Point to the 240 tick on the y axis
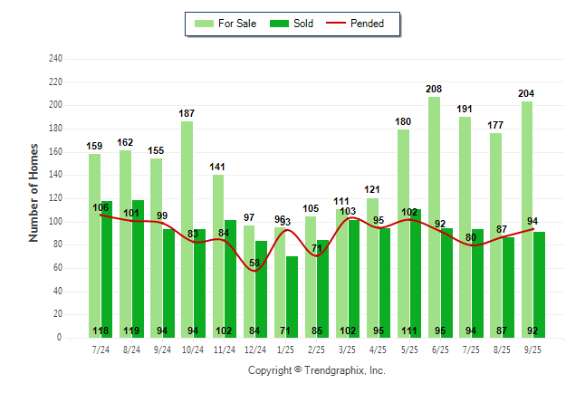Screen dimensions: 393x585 point(55,59)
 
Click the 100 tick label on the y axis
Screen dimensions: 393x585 point(55,222)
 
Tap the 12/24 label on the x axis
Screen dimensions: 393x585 point(254,349)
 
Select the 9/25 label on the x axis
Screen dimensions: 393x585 point(533,349)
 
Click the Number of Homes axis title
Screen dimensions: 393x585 point(34,192)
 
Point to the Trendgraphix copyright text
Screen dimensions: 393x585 point(317,370)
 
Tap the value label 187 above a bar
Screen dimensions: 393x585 point(187,113)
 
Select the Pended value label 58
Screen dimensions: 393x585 point(256,263)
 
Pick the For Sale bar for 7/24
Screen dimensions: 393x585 point(94,245)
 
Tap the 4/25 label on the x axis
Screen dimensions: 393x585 point(379,349)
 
